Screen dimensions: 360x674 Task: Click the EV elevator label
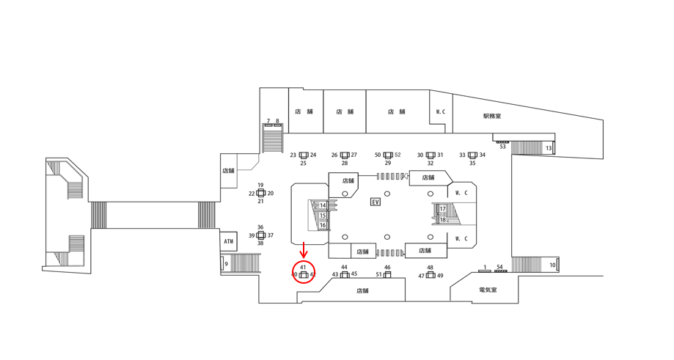coord(376,202)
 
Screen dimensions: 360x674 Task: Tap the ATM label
coord(229,240)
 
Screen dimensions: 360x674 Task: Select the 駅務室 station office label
coord(492,116)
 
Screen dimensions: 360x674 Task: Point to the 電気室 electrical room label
coord(488,290)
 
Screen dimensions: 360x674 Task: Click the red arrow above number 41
coord(304,250)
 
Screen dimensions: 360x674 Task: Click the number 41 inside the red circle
coord(303,267)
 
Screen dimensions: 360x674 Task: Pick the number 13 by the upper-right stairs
coord(548,149)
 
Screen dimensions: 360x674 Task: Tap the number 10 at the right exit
coord(552,265)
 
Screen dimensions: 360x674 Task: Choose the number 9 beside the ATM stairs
coord(227,264)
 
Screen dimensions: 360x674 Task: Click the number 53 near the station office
coord(502,147)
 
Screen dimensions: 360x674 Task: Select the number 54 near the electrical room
coord(499,268)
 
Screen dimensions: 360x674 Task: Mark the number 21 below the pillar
coord(260,202)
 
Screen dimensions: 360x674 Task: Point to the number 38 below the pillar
coord(260,243)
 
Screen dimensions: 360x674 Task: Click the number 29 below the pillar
coord(388,164)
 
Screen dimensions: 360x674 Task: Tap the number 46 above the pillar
coord(387,268)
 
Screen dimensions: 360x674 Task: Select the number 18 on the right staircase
coord(442,219)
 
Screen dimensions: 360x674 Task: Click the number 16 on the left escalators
coord(323,225)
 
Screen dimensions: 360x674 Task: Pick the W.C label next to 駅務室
coord(440,112)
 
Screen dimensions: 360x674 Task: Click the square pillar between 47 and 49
coord(431,276)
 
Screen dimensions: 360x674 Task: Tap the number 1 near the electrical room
coord(485,268)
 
